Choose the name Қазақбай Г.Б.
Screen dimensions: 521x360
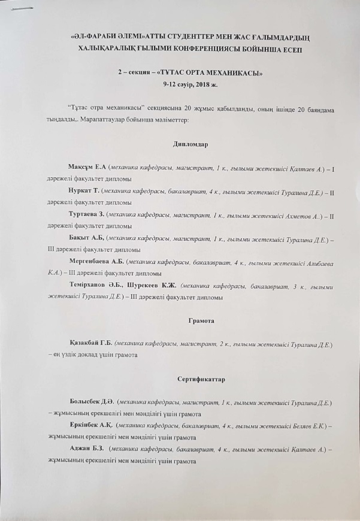(92, 345)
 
